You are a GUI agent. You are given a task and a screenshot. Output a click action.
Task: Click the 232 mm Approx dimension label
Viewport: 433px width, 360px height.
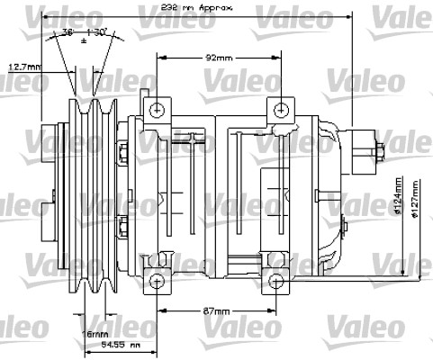click(191, 7)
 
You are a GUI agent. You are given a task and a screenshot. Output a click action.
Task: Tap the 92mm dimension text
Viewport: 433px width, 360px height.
click(217, 57)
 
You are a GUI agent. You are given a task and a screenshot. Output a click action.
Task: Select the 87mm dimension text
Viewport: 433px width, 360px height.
click(215, 311)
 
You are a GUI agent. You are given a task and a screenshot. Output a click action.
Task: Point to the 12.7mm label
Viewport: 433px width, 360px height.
click(24, 66)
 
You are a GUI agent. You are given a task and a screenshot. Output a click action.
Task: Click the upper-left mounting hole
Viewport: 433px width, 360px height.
click(158, 110)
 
